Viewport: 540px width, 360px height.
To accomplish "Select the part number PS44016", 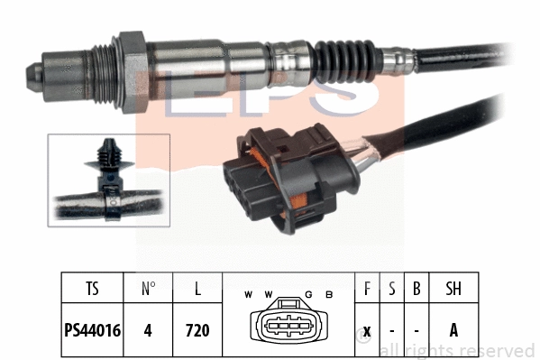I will click(x=93, y=330).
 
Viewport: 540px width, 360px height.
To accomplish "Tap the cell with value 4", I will click(x=149, y=330).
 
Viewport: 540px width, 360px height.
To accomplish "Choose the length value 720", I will click(x=197, y=330).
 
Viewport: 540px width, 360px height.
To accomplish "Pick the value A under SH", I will click(x=453, y=330).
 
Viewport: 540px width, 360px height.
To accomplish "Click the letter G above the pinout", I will click(x=308, y=295).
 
